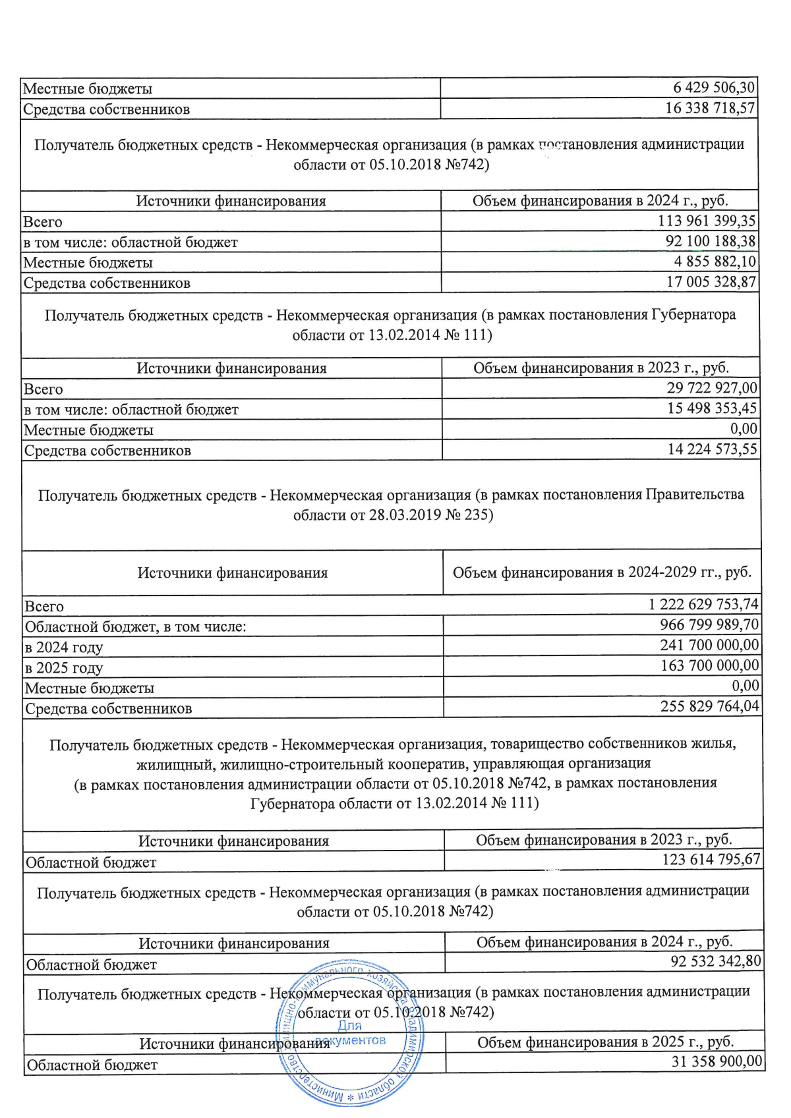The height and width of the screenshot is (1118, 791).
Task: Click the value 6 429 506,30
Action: (x=714, y=88)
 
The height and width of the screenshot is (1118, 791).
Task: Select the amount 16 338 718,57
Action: (x=710, y=108)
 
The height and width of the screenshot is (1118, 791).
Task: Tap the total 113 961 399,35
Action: (x=707, y=221)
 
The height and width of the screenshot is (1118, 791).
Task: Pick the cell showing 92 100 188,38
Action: (x=710, y=241)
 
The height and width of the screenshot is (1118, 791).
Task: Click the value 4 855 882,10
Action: (x=715, y=262)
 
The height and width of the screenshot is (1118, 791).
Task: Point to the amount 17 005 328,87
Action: (x=711, y=282)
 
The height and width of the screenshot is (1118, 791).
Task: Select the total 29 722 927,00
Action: (x=711, y=388)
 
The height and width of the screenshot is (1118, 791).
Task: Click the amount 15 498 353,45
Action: (x=711, y=408)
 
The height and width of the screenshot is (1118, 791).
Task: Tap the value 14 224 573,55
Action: (x=712, y=449)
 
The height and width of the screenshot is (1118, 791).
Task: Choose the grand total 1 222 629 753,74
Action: (x=703, y=604)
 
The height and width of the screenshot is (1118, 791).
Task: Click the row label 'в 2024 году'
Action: (x=64, y=647)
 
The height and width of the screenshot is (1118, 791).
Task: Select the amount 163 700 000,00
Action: (x=710, y=665)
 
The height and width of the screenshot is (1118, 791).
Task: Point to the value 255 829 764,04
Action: (x=710, y=706)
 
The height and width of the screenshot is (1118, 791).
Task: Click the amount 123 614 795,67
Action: (x=711, y=860)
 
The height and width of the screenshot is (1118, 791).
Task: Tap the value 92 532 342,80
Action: (x=715, y=961)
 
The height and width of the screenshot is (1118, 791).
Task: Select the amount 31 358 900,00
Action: (x=717, y=1061)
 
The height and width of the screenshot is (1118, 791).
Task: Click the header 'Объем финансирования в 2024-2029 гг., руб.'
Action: (x=602, y=572)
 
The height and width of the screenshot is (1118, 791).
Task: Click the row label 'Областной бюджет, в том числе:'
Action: (x=135, y=627)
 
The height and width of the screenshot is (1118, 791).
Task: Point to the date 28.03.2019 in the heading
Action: (x=405, y=515)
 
